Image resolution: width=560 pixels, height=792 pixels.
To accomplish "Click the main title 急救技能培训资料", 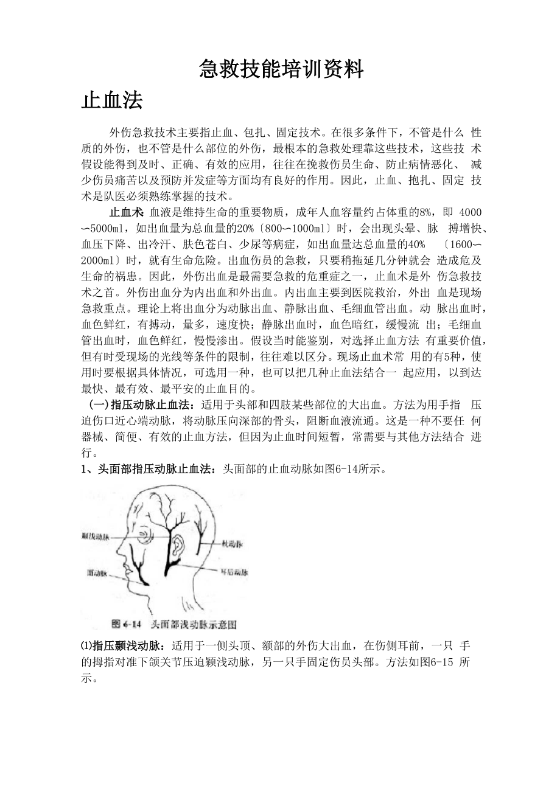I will click(x=281, y=70).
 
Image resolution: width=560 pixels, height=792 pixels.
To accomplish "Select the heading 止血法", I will click(x=112, y=101).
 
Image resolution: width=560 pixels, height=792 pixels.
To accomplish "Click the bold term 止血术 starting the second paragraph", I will click(x=126, y=212).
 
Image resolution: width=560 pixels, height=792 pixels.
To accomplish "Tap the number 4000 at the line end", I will click(x=469, y=212).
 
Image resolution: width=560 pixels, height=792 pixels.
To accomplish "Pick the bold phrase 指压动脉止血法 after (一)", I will click(x=155, y=405).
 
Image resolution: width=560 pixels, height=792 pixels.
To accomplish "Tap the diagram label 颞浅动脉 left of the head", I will click(x=96, y=537).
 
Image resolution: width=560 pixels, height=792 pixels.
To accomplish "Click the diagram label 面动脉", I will click(x=97, y=573).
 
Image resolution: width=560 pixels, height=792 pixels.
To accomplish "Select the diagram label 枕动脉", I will click(x=232, y=544).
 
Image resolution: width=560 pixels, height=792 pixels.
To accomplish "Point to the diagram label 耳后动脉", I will click(x=234, y=572).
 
